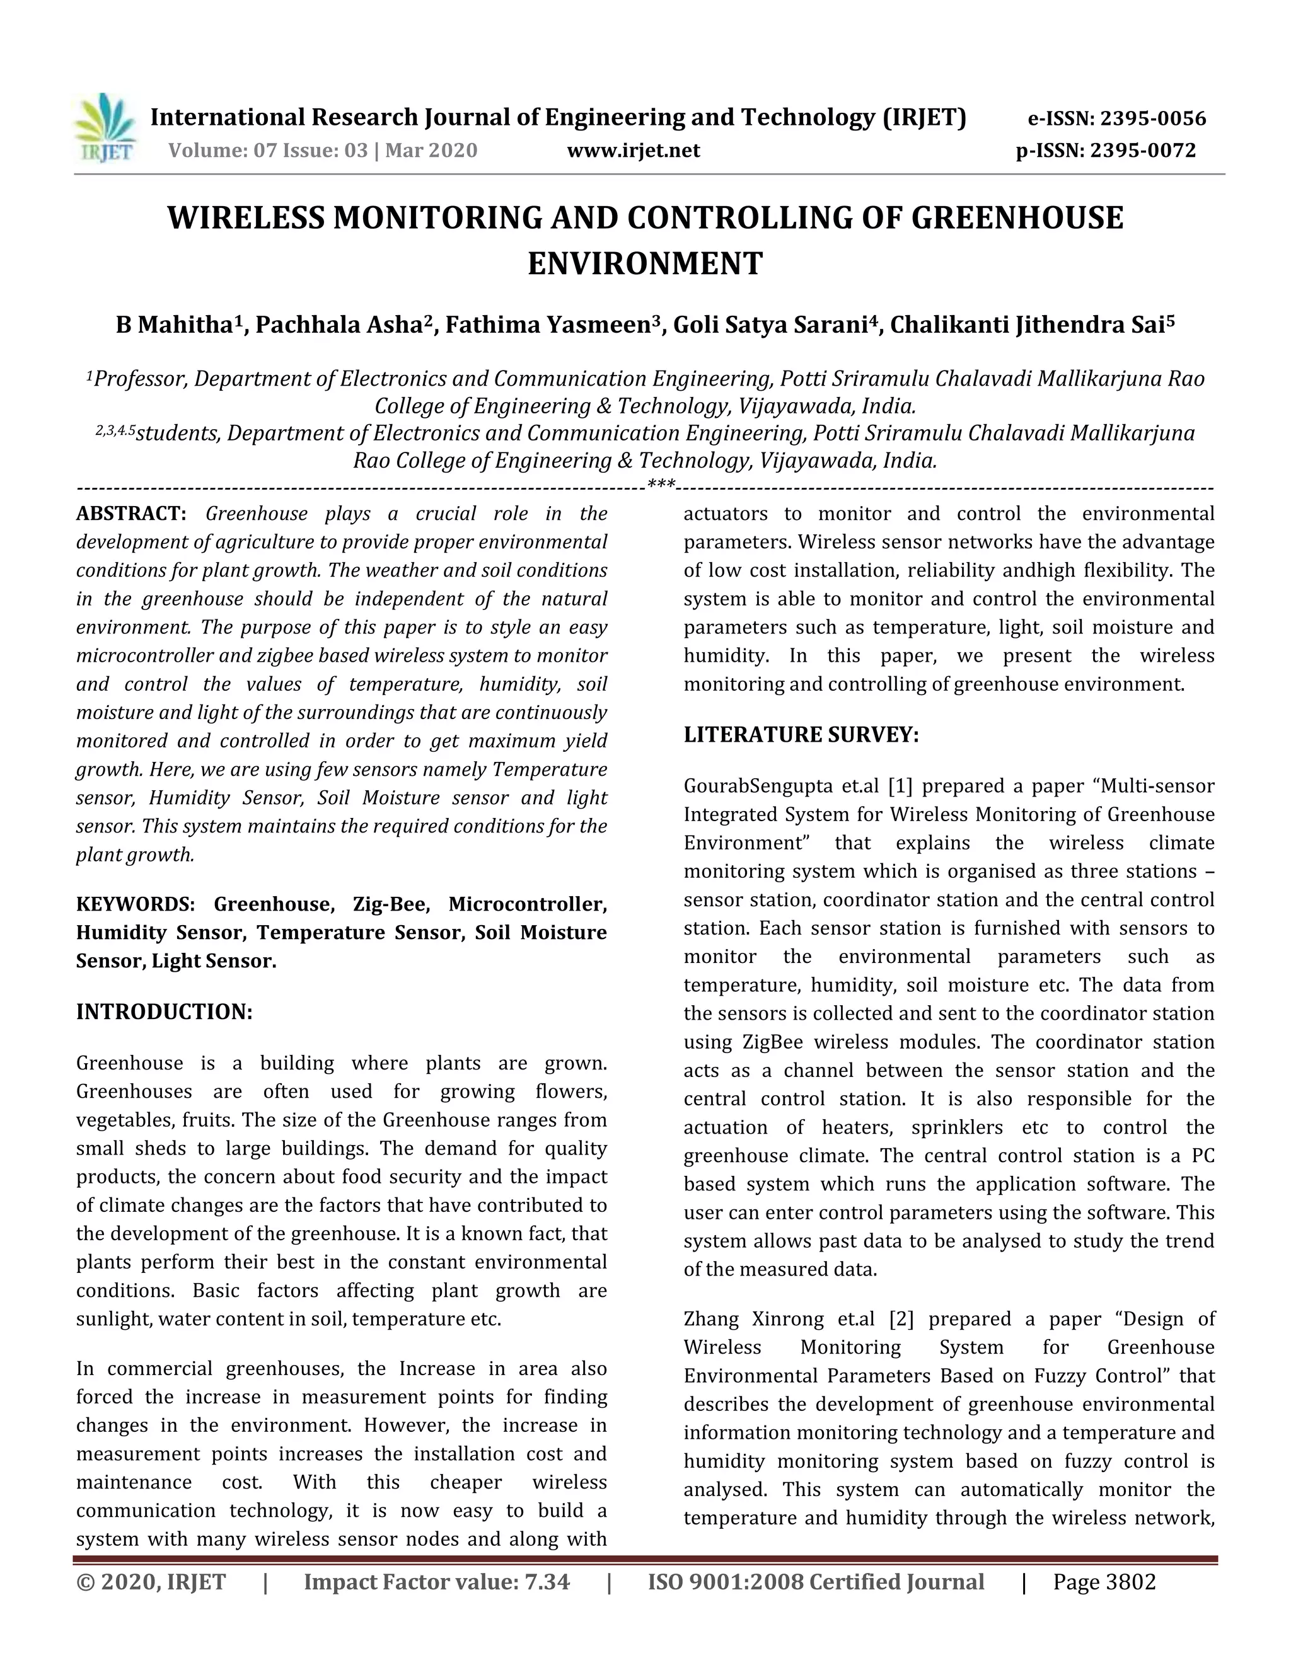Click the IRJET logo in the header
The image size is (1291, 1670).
(x=105, y=128)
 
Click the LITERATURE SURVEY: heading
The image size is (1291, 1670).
(x=801, y=735)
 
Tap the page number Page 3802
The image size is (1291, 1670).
(x=1104, y=1581)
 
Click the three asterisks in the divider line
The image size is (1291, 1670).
(x=661, y=484)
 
